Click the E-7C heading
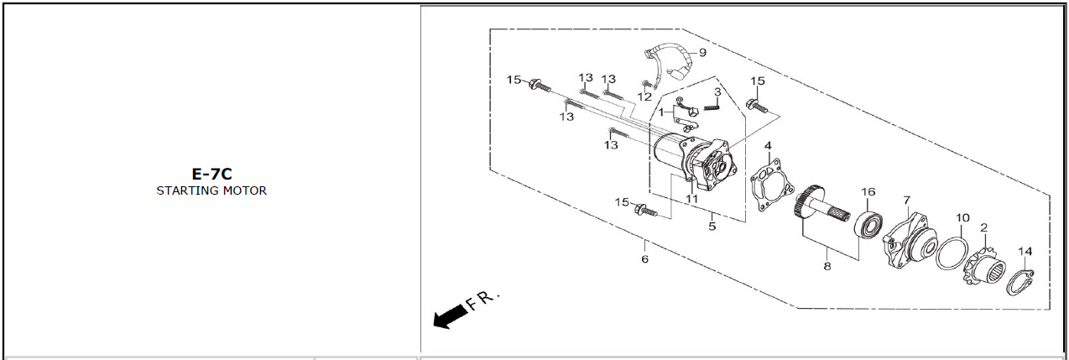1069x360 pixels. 211,174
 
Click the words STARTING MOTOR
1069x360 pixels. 211,190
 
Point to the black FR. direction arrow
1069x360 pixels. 451,316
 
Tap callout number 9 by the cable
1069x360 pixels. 702,53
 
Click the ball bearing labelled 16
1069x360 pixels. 868,223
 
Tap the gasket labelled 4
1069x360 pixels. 772,185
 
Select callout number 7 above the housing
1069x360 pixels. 907,201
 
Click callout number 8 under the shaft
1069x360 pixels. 827,266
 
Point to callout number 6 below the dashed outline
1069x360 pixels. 644,259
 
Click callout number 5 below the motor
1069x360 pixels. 712,226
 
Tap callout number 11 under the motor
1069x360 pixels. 691,199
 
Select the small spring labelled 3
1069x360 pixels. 711,107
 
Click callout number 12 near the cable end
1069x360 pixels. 644,97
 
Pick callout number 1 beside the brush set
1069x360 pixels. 661,112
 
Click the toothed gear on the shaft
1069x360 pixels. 810,203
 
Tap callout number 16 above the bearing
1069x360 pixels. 868,192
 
